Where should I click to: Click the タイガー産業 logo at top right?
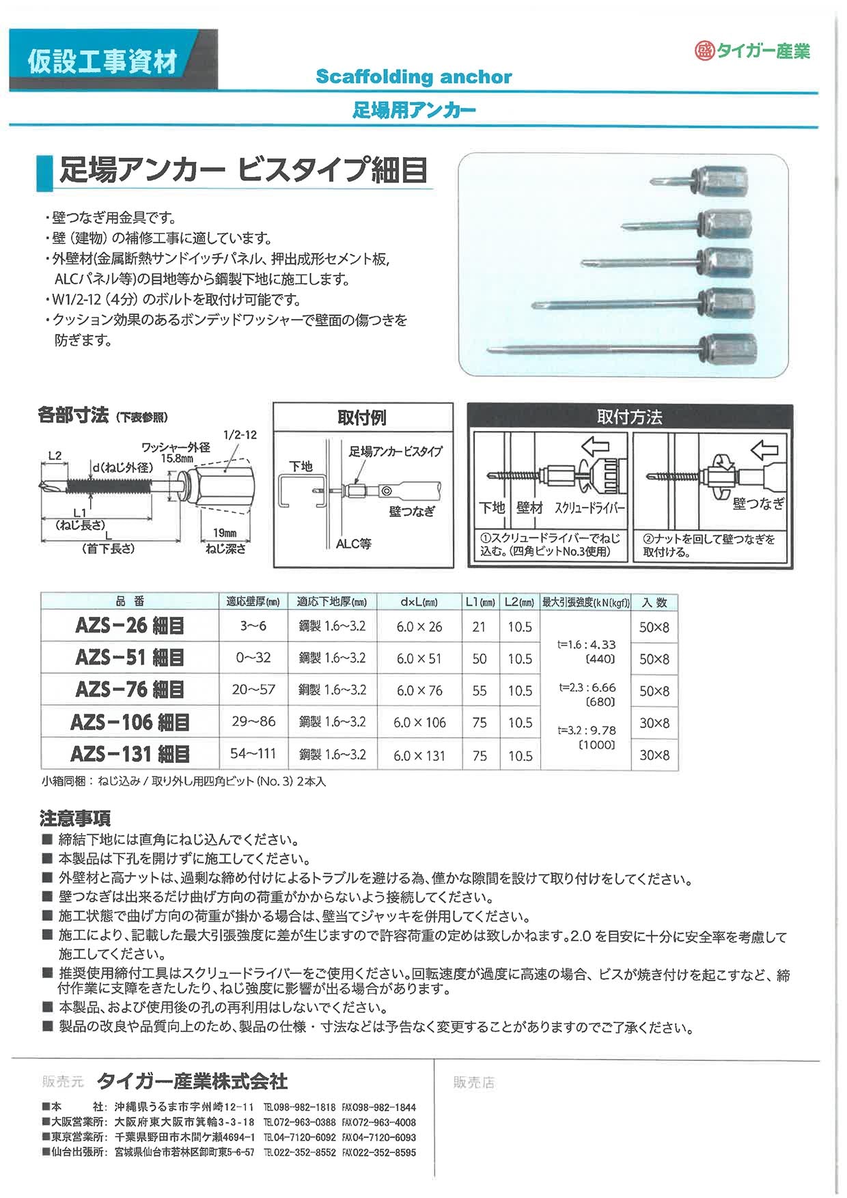pyautogui.click(x=753, y=51)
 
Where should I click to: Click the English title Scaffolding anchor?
pyautogui.click(x=413, y=76)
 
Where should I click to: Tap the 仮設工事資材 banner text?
pyautogui.click(x=103, y=61)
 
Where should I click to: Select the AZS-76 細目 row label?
pyautogui.click(x=130, y=690)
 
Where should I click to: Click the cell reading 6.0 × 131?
pyautogui.click(x=419, y=755)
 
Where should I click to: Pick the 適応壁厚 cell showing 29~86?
pyautogui.click(x=253, y=722)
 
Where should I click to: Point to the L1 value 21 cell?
pyautogui.click(x=479, y=626)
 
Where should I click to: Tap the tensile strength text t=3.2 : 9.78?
pyautogui.click(x=587, y=730)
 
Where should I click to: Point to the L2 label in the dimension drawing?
pyautogui.click(x=55, y=456)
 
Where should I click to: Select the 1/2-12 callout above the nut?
pyautogui.click(x=240, y=435)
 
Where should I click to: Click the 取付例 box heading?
pyautogui.click(x=362, y=417)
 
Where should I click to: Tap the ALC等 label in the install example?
pyautogui.click(x=353, y=544)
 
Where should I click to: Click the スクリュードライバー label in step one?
pyautogui.click(x=589, y=508)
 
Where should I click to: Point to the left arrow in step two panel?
pyautogui.click(x=764, y=449)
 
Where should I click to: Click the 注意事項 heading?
pyautogui.click(x=75, y=818)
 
